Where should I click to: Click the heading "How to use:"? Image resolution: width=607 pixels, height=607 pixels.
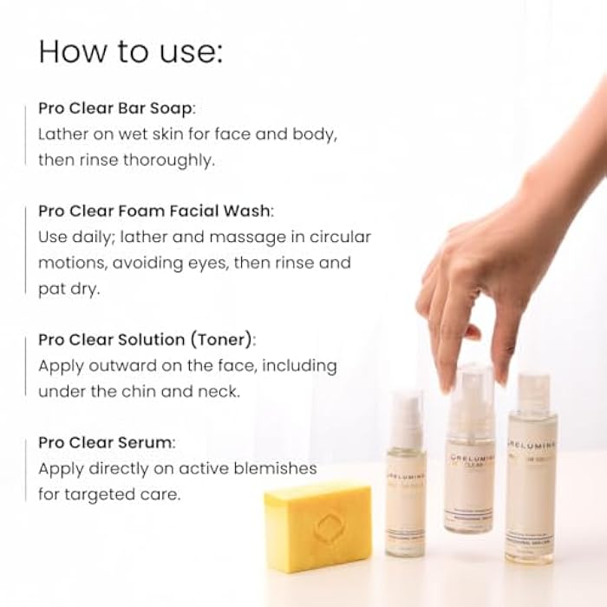(131, 51)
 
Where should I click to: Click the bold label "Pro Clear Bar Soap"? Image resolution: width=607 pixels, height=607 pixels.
(116, 108)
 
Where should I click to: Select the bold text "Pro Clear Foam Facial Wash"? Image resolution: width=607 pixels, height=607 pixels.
(154, 211)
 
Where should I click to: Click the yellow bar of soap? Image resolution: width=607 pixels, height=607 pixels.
(317, 525)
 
